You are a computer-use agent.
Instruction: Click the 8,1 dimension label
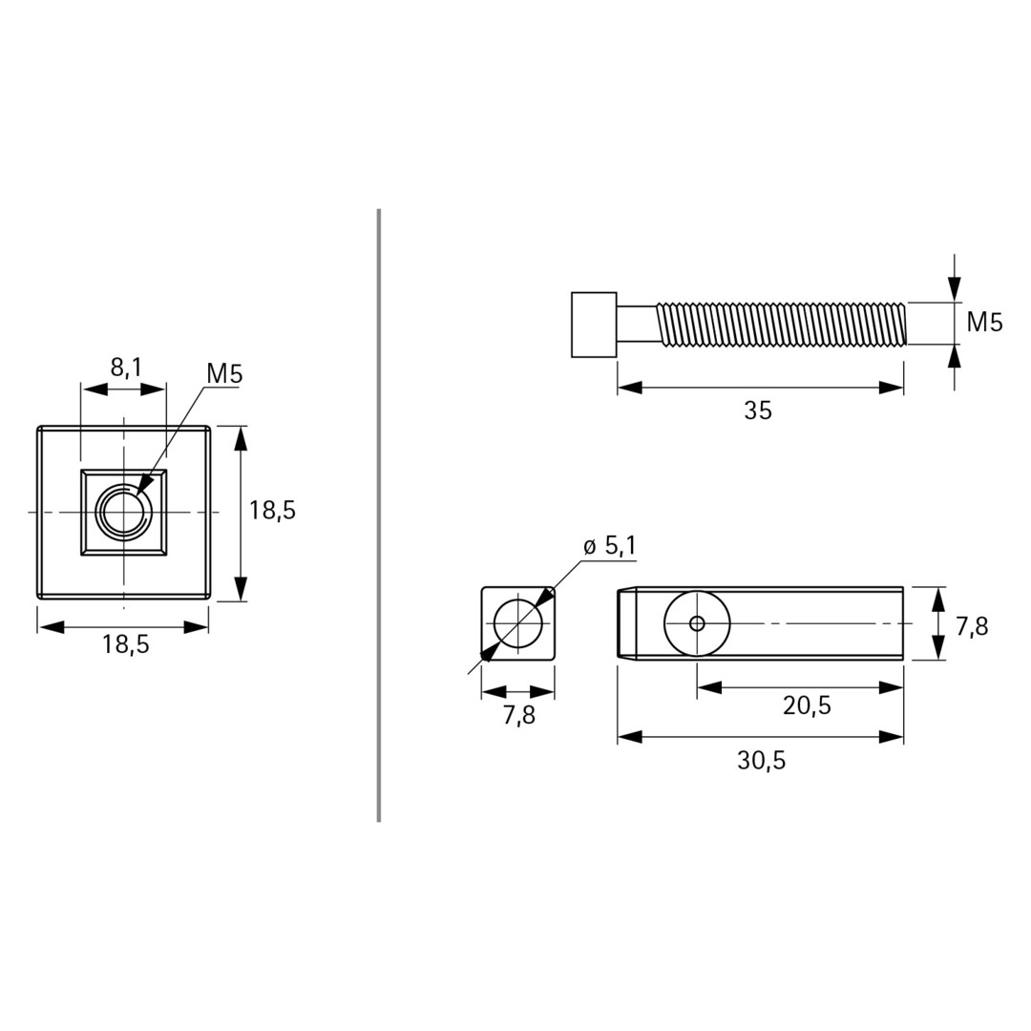126,368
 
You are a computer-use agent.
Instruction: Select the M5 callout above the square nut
224,374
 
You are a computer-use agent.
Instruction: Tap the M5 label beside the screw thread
984,323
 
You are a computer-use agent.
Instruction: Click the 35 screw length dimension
757,410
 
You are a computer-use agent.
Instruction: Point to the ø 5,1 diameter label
609,546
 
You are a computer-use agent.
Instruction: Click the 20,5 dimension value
807,705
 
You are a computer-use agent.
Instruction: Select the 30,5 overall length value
761,761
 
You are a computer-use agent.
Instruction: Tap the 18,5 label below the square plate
125,645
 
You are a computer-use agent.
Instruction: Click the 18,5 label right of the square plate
272,510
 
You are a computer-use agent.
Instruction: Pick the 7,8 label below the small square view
518,715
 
